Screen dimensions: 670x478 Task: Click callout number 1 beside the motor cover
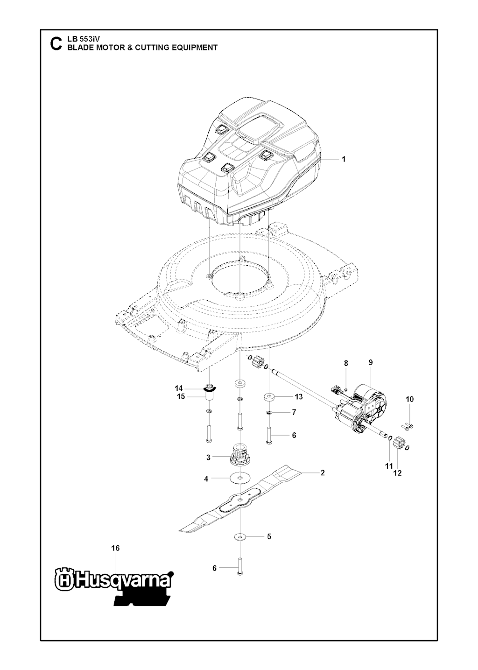[x=344, y=159]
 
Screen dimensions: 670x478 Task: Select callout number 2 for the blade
[x=322, y=473]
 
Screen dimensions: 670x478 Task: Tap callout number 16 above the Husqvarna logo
[x=115, y=548]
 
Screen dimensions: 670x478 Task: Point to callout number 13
[x=299, y=397]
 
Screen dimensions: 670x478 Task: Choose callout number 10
[x=409, y=399]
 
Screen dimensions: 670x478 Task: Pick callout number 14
[x=179, y=388]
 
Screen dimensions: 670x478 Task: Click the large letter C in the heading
[x=55, y=43]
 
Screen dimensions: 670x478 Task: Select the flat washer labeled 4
[x=239, y=478]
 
